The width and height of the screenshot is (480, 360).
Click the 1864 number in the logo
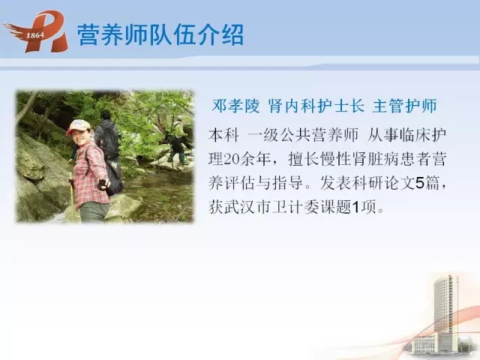[x=35, y=35]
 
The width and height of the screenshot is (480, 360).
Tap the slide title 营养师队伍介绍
[x=160, y=35]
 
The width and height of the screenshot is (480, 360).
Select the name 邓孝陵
[x=235, y=106]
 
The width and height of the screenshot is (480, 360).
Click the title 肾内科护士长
[x=316, y=106]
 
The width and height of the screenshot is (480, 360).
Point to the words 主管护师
[x=405, y=106]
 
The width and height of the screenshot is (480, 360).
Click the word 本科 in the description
[x=223, y=135]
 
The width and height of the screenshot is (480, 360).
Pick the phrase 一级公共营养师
[x=303, y=135]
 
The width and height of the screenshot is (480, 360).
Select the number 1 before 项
[x=355, y=208]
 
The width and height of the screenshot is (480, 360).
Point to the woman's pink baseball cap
[x=79, y=127]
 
